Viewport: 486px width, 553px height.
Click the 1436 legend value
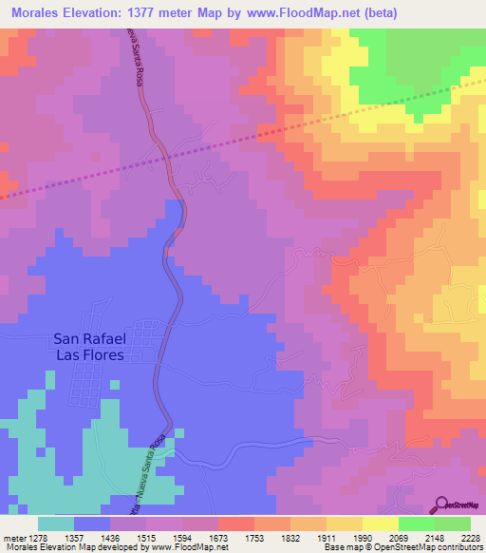coord(110,537)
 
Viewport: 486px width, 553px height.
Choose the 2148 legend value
coord(434,537)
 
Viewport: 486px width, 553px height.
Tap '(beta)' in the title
coord(378,12)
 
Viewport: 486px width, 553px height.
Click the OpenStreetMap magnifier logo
coord(442,505)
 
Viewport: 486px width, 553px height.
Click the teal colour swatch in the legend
coord(56,524)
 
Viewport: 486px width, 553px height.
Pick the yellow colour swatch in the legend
coord(380,524)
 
